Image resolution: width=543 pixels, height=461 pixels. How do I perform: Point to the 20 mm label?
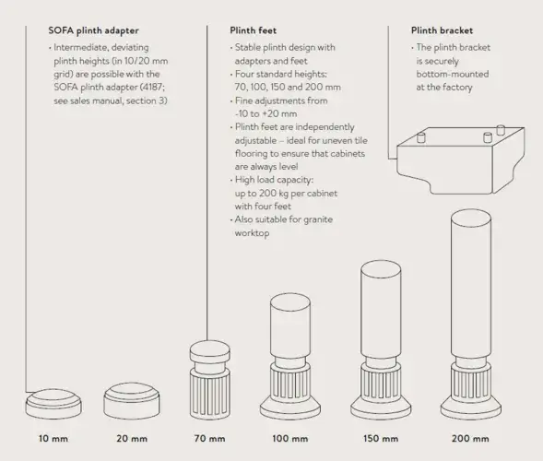(x=133, y=438)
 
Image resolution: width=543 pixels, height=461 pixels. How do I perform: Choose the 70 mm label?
(x=210, y=438)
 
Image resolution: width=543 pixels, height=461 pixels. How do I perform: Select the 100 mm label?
(x=290, y=438)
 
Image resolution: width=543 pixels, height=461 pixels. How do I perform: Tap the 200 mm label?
(x=470, y=438)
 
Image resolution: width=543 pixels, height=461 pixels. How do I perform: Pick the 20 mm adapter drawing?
(x=131, y=398)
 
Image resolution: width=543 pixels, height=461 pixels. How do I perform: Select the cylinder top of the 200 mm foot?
(x=470, y=286)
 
